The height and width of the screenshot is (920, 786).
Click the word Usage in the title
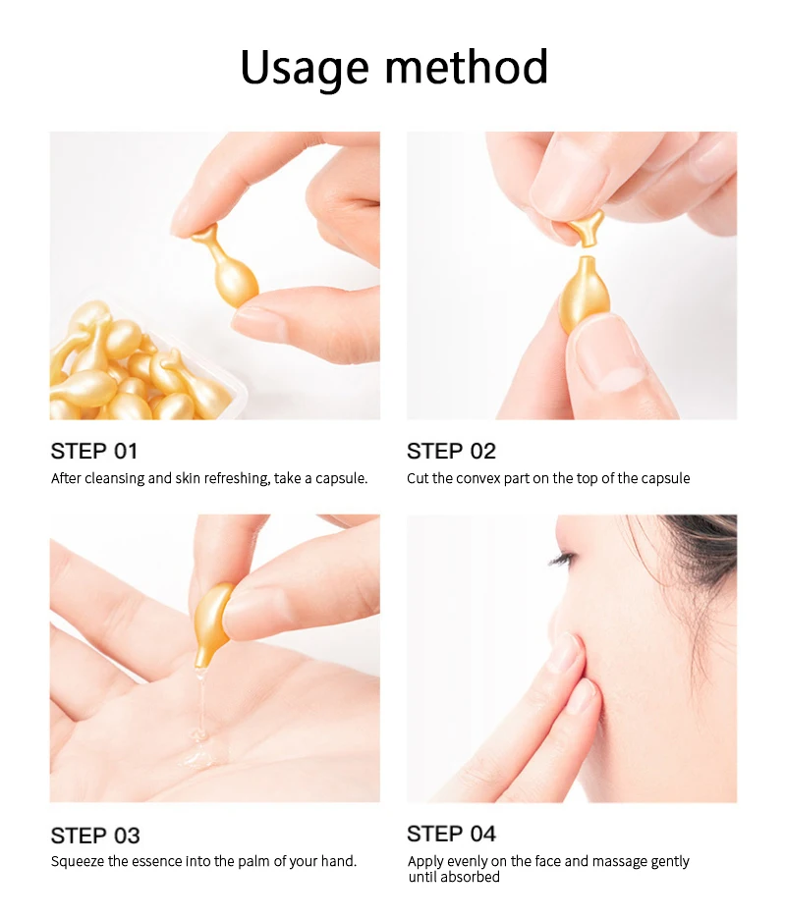[x=305, y=68]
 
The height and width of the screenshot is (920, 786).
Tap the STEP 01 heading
[x=94, y=452]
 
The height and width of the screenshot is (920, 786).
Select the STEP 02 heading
[x=451, y=452]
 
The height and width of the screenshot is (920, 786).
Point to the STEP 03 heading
[x=95, y=836]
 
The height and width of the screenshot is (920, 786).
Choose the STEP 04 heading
[x=451, y=834]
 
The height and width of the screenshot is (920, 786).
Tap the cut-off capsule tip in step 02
[x=587, y=227]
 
